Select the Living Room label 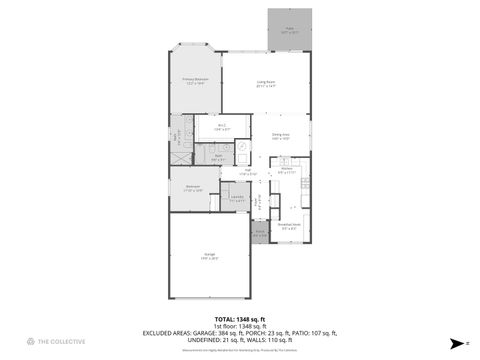point(266,85)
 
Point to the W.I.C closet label point(222,127)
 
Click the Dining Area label point(281,136)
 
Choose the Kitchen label point(286,170)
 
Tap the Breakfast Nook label point(291,226)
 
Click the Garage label point(210,256)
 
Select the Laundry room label point(237,198)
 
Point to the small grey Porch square point(259,235)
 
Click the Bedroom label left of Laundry point(193,188)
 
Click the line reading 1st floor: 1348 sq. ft point(239,326)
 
